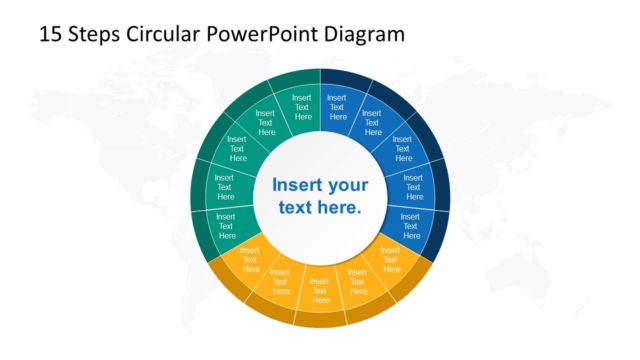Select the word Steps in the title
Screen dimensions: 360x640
click(92, 34)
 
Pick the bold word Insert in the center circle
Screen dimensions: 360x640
click(297, 185)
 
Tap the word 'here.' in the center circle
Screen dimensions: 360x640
click(338, 208)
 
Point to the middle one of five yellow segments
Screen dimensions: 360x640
click(320, 288)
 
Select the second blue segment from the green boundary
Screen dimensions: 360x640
click(372, 123)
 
